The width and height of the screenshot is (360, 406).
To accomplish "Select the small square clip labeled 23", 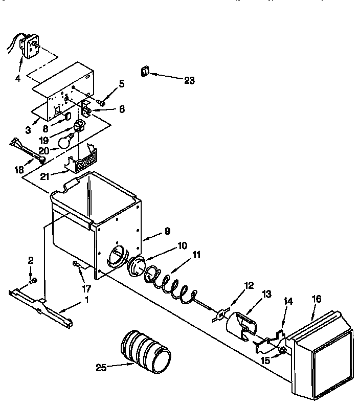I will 145,71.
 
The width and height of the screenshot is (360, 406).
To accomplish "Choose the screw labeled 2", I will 33,280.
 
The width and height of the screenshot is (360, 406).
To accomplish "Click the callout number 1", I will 86,300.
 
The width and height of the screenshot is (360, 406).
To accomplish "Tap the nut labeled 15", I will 282,351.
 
